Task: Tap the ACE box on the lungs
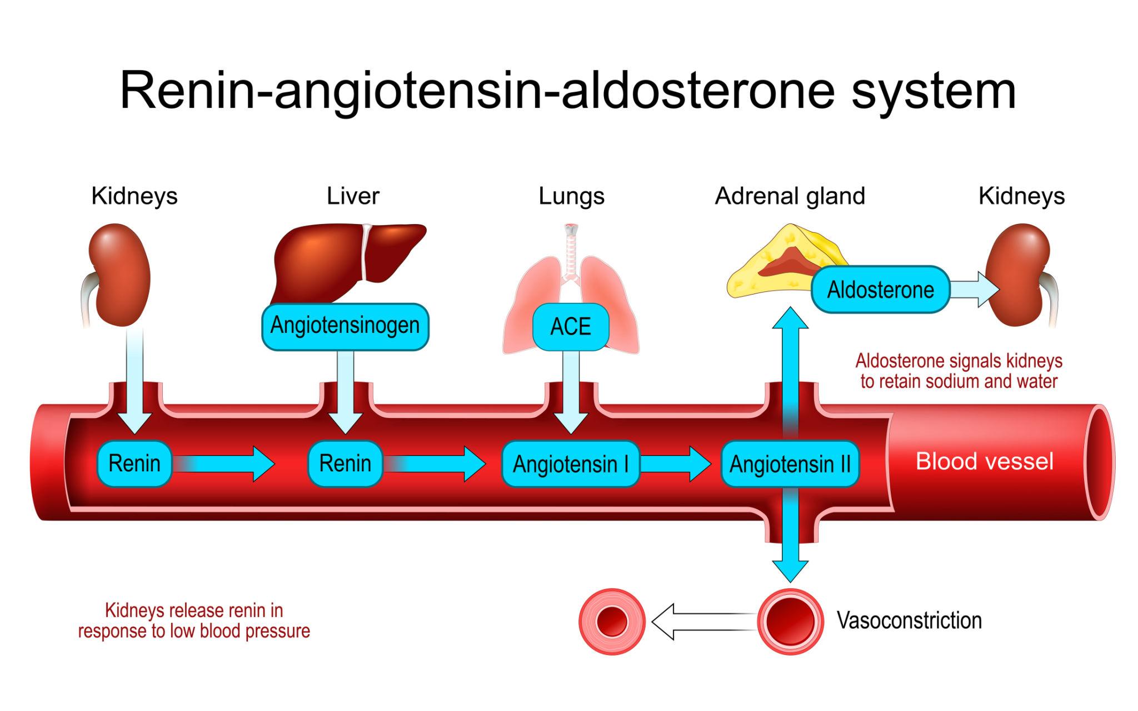click(x=571, y=327)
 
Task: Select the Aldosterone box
click(x=880, y=290)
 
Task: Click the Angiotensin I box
click(x=571, y=464)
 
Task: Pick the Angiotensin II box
click(x=790, y=464)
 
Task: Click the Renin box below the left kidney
click(x=134, y=463)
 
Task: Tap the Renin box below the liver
click(x=345, y=463)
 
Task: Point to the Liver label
click(x=353, y=196)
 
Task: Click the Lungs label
click(x=571, y=196)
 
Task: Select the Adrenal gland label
click(x=790, y=196)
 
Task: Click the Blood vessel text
click(x=984, y=461)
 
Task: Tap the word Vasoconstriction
click(x=909, y=620)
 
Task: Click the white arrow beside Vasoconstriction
click(x=703, y=621)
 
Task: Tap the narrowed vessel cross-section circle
click(x=612, y=621)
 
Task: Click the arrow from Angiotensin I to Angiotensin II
click(x=675, y=464)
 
